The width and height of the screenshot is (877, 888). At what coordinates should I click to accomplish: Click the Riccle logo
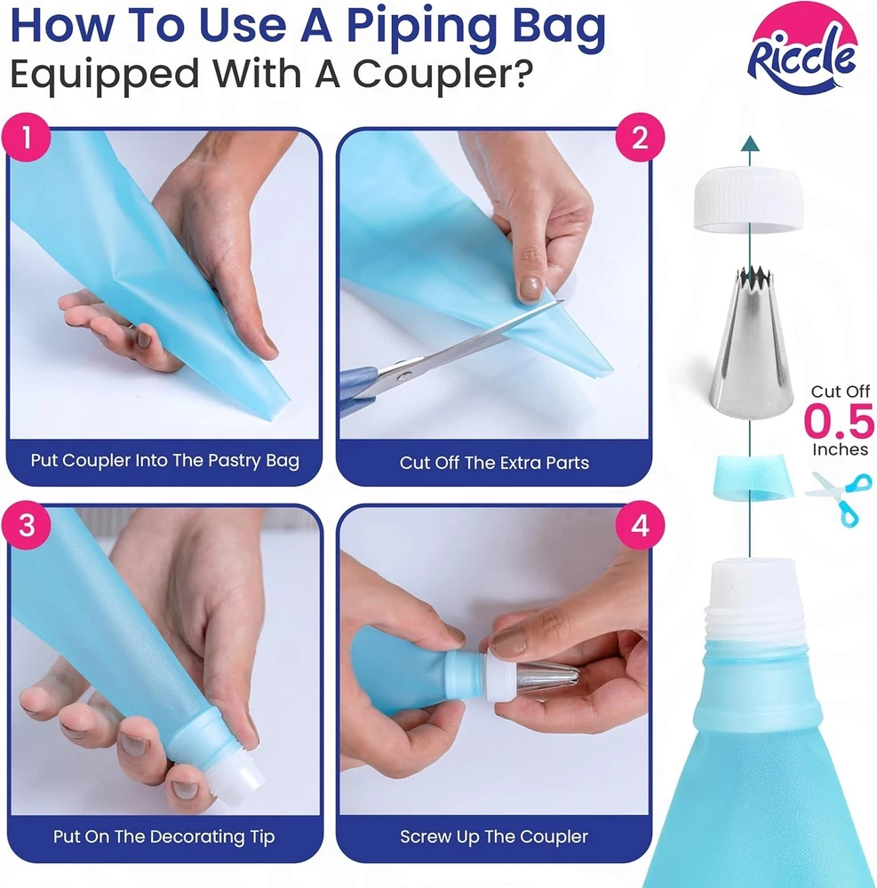(x=802, y=49)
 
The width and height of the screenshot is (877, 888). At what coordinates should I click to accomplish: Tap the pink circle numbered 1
(x=27, y=138)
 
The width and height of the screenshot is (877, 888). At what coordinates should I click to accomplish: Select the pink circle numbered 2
(x=640, y=138)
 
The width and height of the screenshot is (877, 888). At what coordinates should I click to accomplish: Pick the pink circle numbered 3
(x=27, y=525)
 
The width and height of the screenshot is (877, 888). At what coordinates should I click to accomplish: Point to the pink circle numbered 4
(x=640, y=525)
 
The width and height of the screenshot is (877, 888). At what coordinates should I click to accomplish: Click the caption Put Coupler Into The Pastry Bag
(x=165, y=460)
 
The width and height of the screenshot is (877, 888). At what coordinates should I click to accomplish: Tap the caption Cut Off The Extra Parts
(x=494, y=463)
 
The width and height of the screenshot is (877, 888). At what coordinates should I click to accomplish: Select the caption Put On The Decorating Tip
(x=163, y=836)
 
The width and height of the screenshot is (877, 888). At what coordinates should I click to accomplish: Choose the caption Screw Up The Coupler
(x=494, y=836)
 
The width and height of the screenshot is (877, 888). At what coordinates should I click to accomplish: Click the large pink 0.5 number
(x=840, y=421)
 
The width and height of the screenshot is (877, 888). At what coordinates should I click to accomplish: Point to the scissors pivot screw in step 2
(x=403, y=376)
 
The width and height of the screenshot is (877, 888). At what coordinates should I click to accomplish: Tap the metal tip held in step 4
(x=547, y=678)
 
